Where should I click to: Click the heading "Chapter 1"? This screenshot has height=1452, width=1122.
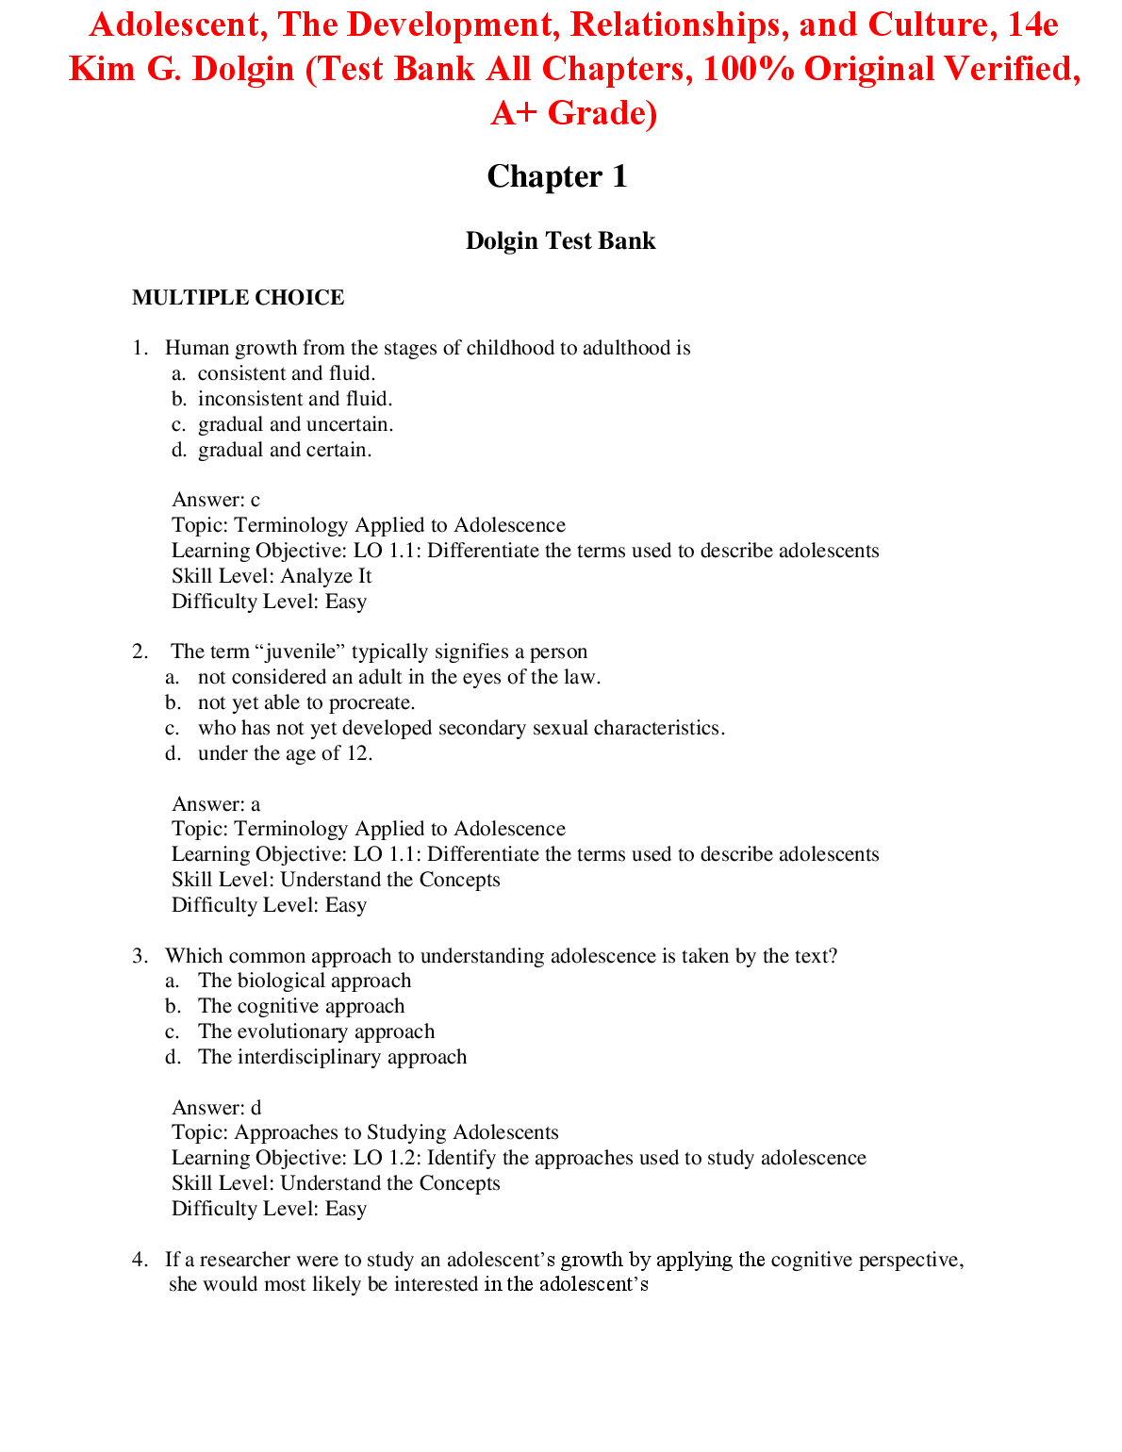[556, 176]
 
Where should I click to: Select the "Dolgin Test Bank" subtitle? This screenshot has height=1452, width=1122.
[560, 241]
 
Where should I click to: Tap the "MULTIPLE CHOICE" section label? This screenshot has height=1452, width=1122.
[238, 298]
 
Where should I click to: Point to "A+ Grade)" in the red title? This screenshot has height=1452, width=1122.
[573, 113]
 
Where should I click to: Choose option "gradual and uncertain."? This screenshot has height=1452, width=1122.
[295, 424]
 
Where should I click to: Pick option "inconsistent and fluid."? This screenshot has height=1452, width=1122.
[294, 399]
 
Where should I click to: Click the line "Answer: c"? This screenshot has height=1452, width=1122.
[216, 500]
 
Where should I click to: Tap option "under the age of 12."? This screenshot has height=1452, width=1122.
[285, 753]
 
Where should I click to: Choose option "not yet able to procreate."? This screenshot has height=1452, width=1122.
[306, 702]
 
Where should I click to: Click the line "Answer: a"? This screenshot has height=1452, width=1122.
[216, 804]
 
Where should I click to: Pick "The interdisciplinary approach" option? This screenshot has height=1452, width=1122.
[332, 1057]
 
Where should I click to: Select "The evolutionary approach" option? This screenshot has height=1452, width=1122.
[316, 1031]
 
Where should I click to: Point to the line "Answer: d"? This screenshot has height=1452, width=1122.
[216, 1108]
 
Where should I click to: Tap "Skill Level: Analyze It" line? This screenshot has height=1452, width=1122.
[272, 576]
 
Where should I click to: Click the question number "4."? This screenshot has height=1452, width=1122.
[140, 1260]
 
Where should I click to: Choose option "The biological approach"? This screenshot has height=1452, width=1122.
[305, 981]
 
